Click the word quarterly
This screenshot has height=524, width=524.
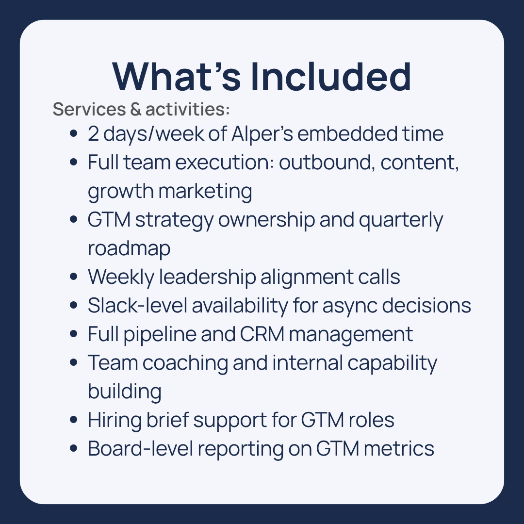click(x=401, y=220)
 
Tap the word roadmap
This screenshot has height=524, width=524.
click(x=129, y=248)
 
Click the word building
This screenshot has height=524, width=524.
click(x=124, y=392)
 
